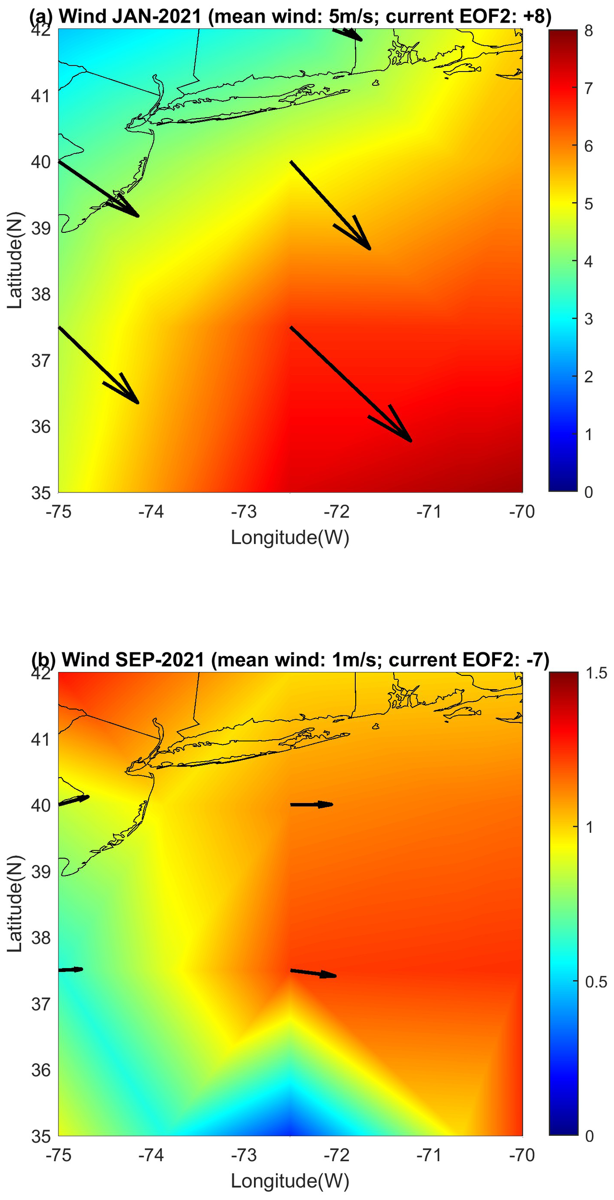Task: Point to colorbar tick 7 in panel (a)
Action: [589, 89]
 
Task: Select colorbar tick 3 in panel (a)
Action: [589, 319]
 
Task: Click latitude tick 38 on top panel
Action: [41, 294]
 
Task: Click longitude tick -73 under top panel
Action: [244, 512]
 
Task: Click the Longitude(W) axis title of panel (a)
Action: [290, 537]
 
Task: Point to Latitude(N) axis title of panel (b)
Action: [15, 903]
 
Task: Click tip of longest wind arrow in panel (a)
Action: [411, 441]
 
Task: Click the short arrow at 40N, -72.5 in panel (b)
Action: [312, 804]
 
